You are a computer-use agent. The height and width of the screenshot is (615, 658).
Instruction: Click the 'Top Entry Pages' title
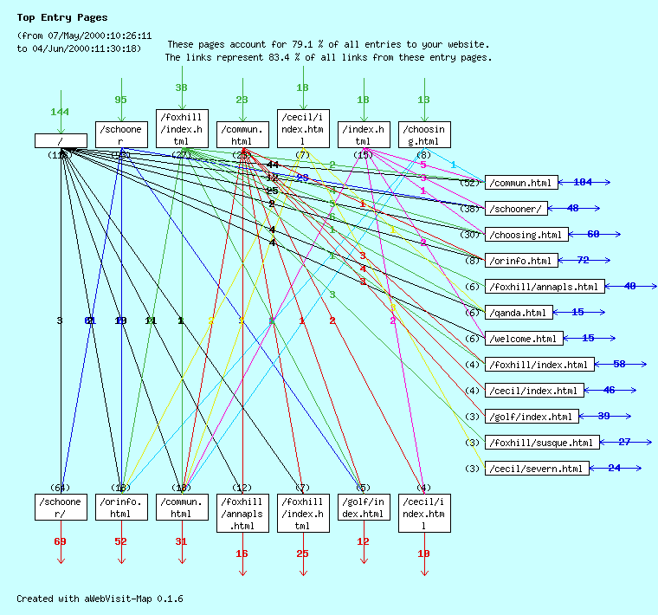(x=62, y=17)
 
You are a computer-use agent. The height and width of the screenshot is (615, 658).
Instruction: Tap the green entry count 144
(x=60, y=113)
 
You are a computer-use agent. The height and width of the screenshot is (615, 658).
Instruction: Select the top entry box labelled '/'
(x=61, y=141)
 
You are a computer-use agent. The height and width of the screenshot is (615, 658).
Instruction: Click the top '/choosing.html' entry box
(x=424, y=135)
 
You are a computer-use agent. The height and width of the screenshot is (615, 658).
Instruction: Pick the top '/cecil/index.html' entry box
(x=303, y=128)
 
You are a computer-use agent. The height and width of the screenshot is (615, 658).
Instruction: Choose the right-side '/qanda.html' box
(x=518, y=313)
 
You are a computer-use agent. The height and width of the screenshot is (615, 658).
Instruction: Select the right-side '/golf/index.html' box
(x=530, y=417)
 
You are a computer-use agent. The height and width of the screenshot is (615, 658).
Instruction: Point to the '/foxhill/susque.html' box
(x=541, y=443)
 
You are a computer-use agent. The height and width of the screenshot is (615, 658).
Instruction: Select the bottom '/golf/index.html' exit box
(x=364, y=508)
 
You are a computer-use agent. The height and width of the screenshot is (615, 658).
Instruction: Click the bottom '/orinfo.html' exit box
(x=121, y=508)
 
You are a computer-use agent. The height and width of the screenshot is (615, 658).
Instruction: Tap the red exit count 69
(x=60, y=542)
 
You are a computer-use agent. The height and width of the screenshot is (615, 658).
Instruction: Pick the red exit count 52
(x=120, y=542)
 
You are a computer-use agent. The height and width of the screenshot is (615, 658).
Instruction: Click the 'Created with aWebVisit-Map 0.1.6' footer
(x=100, y=599)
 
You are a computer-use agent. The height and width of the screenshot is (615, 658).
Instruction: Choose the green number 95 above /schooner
(x=120, y=100)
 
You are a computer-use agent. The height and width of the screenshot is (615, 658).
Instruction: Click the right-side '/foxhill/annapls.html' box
(x=544, y=287)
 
